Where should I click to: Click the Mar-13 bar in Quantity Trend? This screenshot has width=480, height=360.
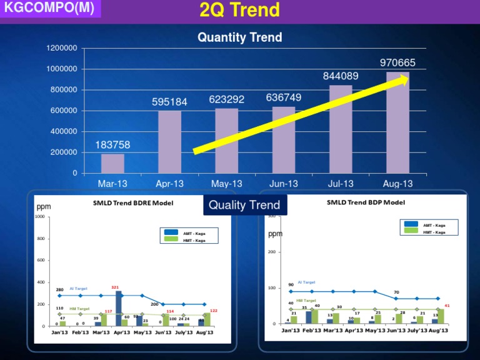click(x=112, y=163)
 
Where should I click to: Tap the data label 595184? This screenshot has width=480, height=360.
click(x=169, y=101)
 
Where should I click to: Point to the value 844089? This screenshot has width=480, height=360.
click(x=341, y=76)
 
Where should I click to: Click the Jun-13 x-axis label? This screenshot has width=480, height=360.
click(x=284, y=184)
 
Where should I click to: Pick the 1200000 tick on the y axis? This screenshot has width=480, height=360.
click(x=61, y=48)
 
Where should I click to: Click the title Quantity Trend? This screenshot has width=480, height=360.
click(x=239, y=37)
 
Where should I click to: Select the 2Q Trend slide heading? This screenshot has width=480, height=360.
click(x=239, y=11)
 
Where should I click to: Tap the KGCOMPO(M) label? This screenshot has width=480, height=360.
click(x=49, y=9)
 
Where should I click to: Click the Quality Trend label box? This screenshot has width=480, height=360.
click(x=244, y=205)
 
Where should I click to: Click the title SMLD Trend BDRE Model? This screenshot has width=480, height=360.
click(x=132, y=202)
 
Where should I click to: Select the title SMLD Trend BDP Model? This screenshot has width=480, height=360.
click(x=366, y=202)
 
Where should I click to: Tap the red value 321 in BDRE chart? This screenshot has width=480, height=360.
click(x=115, y=287)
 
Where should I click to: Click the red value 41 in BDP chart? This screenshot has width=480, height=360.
click(x=447, y=306)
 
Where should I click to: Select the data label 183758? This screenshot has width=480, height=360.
click(x=112, y=145)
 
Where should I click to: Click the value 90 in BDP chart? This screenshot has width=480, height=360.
click(x=291, y=285)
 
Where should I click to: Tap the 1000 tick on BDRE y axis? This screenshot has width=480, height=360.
click(x=41, y=217)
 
